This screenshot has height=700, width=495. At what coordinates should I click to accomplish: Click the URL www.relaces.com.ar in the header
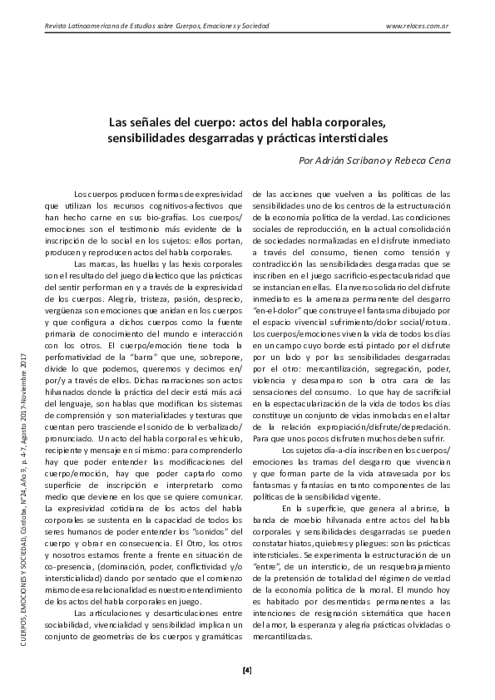tap(418, 27)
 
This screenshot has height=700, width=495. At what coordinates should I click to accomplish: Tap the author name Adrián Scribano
tap(343, 160)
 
